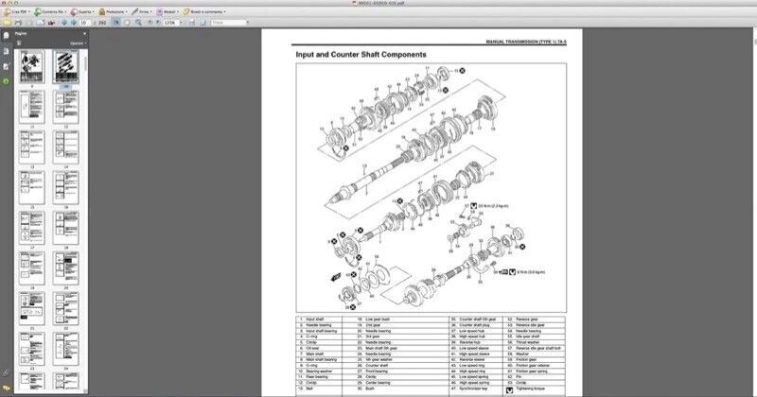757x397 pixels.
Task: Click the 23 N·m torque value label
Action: click(x=492, y=204)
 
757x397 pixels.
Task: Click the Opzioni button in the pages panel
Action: click(x=75, y=43)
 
